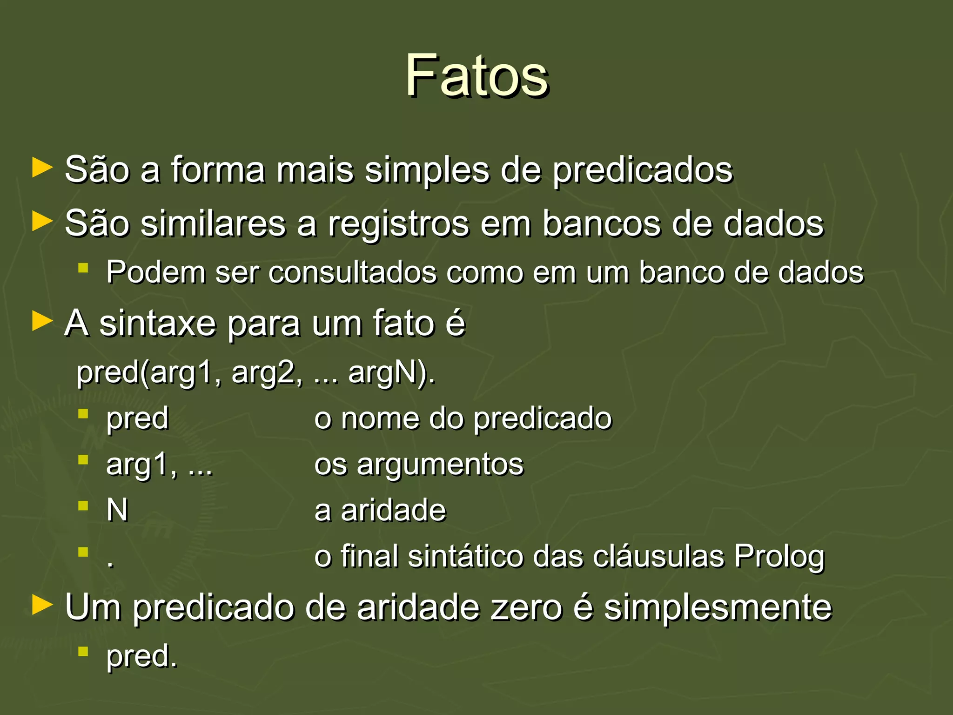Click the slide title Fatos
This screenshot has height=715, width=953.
tap(476, 75)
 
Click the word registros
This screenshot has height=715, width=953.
tap(398, 224)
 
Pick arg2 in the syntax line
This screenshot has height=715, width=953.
tap(263, 373)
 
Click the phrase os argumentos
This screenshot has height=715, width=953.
tap(419, 465)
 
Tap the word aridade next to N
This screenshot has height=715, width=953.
tap(393, 510)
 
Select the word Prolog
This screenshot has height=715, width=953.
tap(779, 557)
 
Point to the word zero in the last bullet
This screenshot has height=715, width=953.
tap(526, 607)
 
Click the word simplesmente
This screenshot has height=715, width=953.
tap(718, 608)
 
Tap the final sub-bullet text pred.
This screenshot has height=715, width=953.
tap(141, 657)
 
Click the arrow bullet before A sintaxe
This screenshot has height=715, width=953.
tap(42, 322)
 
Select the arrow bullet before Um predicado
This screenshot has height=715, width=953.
tap(42, 606)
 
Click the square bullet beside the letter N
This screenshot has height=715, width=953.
tap(83, 506)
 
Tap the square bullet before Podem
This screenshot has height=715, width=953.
tap(83, 268)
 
